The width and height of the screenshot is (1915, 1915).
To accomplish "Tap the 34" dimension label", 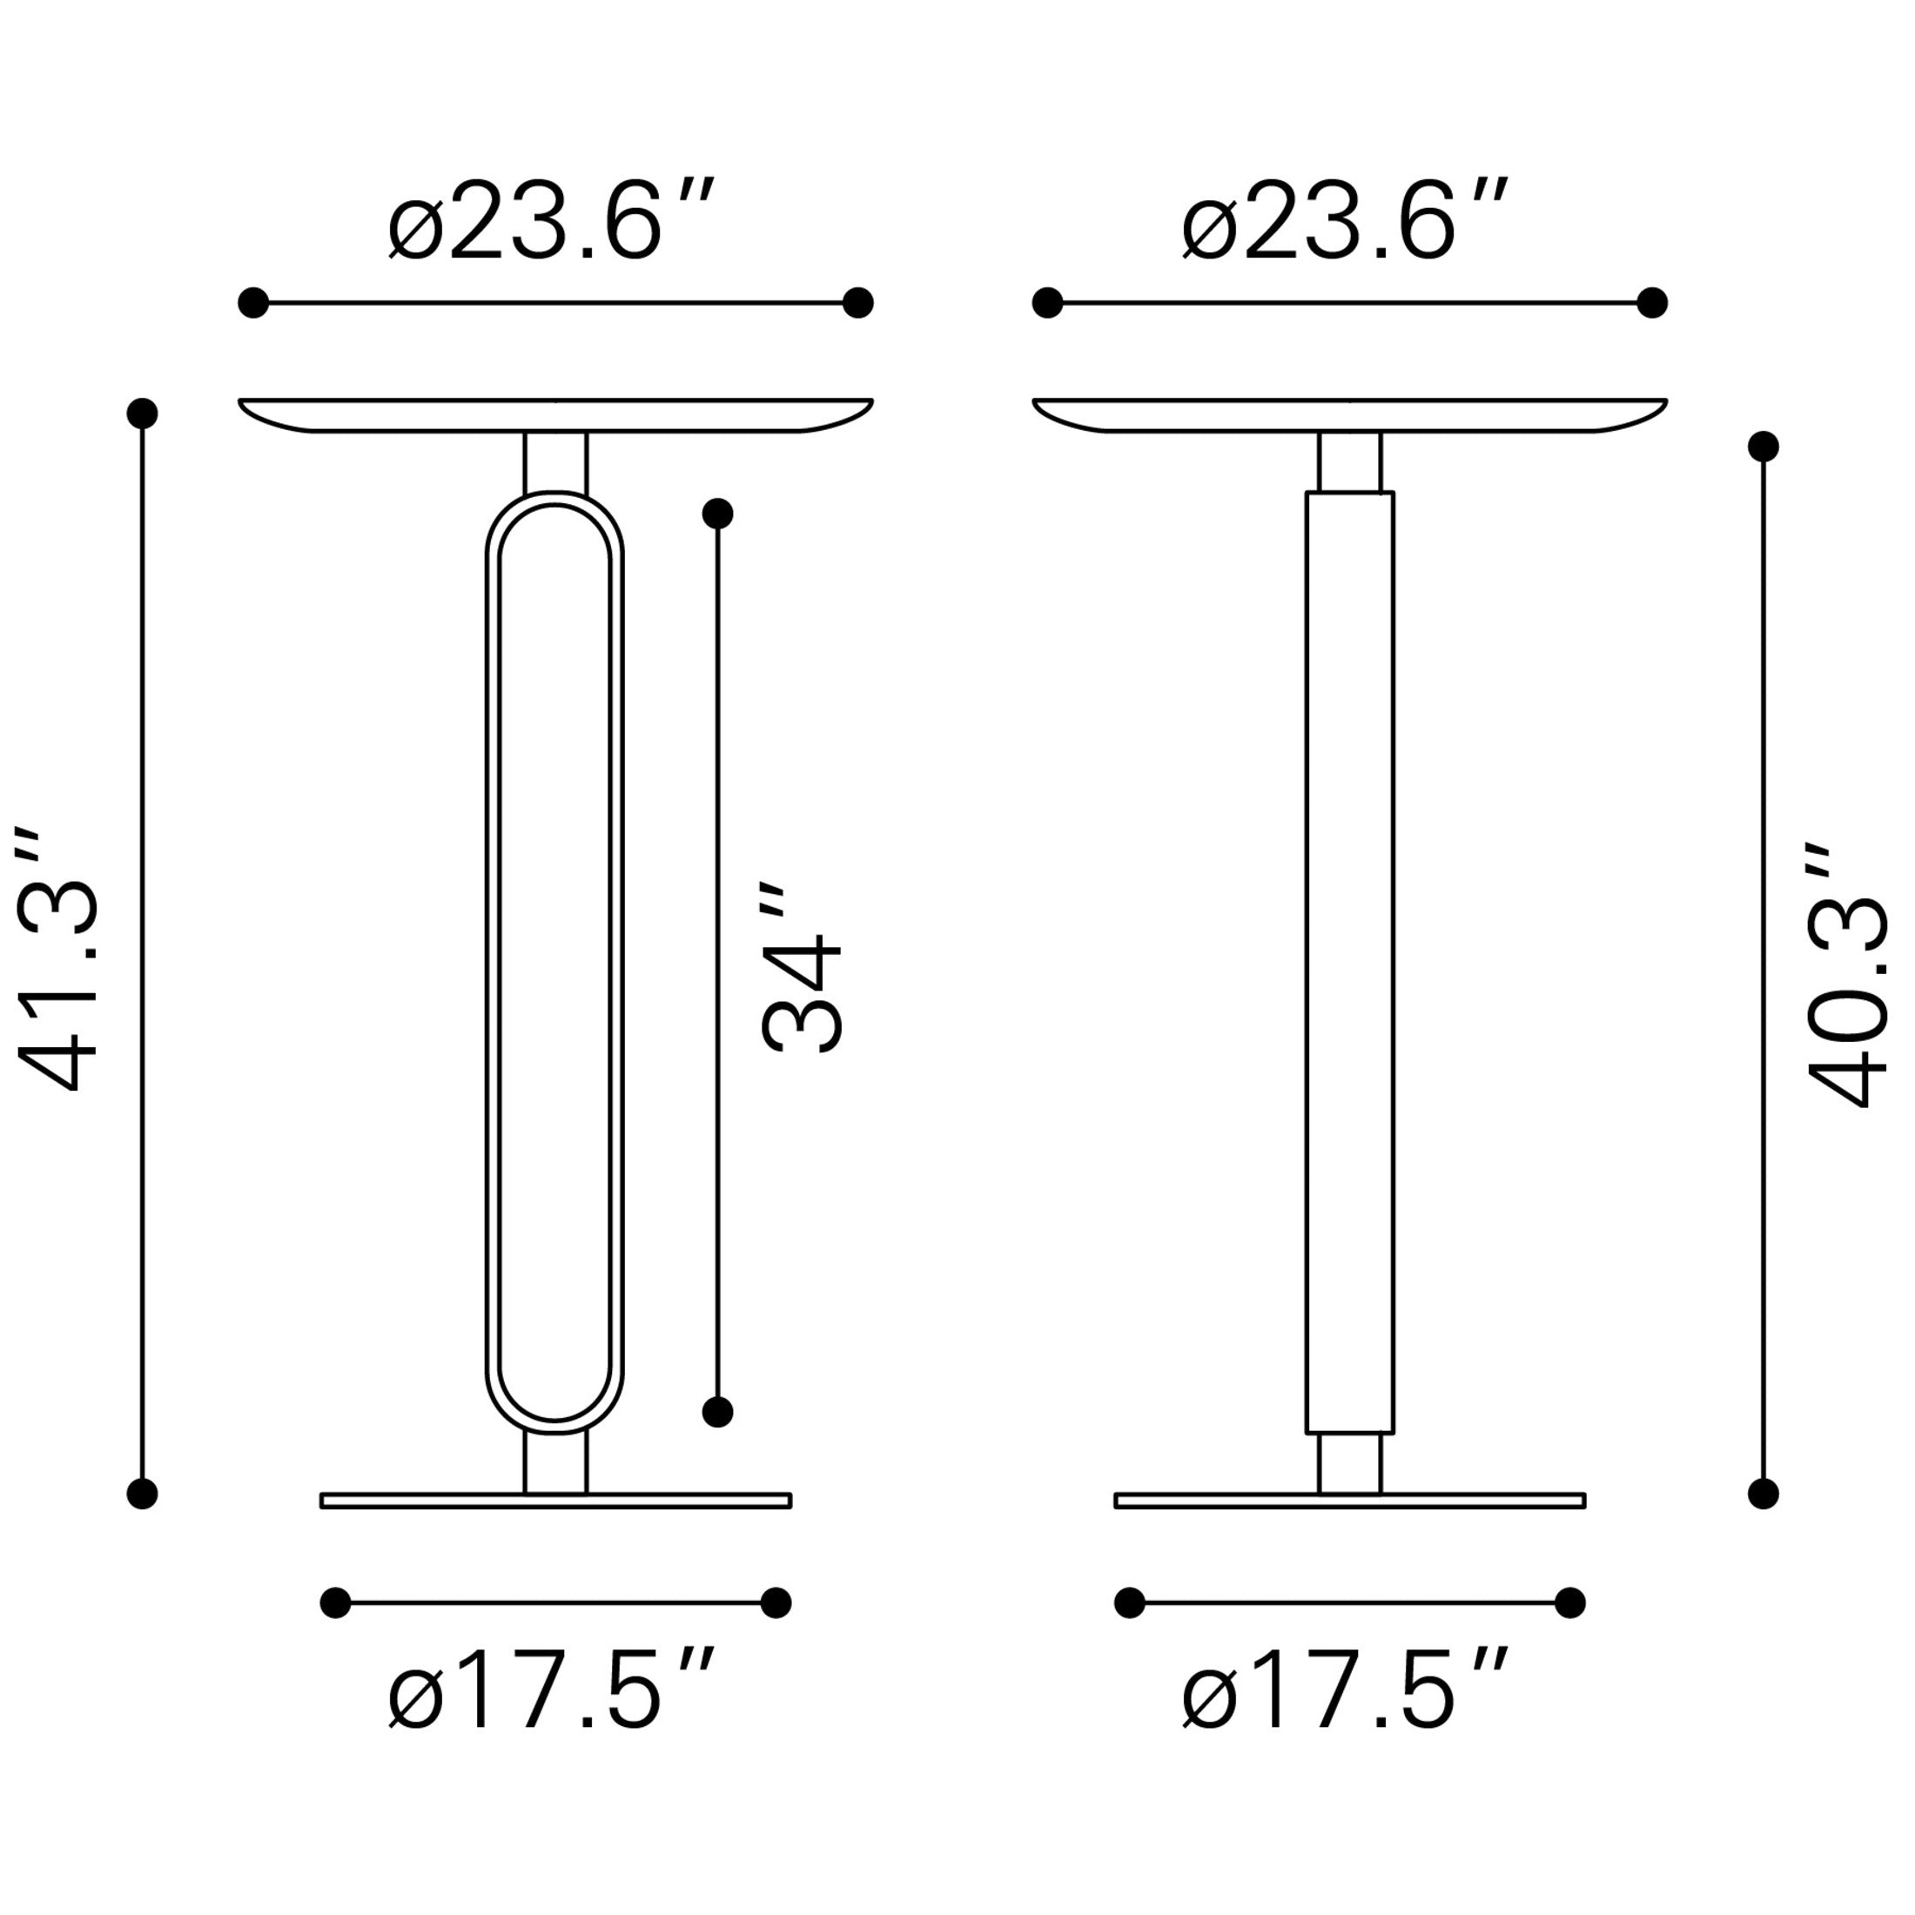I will pos(801,965).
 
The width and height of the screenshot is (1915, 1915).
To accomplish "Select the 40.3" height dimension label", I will pos(1845,978).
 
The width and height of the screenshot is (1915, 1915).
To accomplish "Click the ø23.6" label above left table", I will pos(551,220).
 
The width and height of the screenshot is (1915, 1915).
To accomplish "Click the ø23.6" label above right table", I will pos(1345,220).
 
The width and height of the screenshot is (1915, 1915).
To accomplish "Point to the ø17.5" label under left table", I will pos(551,1691).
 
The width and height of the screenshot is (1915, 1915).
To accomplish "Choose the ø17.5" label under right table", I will pos(1345,1691).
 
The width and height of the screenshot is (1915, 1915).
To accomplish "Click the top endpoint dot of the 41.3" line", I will pos(143,413).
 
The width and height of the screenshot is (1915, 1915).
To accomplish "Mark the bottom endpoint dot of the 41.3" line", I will pos(143,1494).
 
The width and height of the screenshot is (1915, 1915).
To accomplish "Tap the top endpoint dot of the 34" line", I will pos(717,514).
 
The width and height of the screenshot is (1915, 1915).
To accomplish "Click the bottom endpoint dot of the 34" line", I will pos(717,1413).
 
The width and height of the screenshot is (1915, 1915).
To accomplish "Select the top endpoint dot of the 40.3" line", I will pos(1764,447).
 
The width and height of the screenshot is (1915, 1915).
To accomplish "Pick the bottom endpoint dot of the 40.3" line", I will pos(1764,1494).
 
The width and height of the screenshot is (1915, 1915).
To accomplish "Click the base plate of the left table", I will pos(556,1501).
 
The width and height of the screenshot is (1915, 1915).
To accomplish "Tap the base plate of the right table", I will pos(1350,1501).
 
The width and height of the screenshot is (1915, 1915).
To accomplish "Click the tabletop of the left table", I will pos(556,415).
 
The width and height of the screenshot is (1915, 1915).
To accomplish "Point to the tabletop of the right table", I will pos(1350,415).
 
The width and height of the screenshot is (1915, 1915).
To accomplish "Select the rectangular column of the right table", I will pos(1350,962).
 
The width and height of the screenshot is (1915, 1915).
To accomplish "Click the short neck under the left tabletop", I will pos(556,461).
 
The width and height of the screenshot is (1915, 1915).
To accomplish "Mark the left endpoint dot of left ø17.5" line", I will pos(336,1603).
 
